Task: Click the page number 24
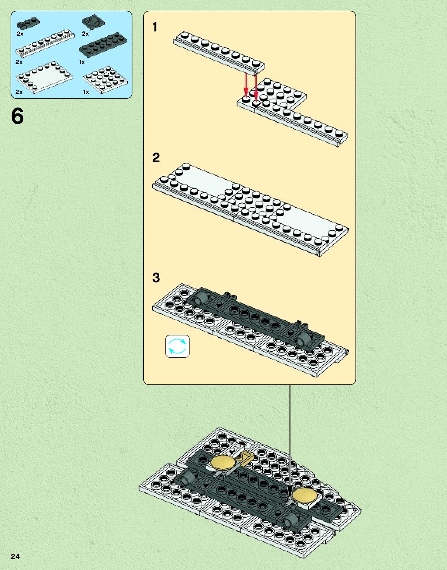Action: point(15,556)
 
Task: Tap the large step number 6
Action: point(17,116)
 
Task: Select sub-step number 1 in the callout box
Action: point(155,27)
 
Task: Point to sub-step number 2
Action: point(156,157)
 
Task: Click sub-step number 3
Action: point(156,277)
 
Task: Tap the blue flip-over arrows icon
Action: point(177,346)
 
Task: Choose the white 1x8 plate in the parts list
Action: point(45,43)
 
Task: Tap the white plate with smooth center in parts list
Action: point(44,78)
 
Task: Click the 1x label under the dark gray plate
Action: point(82,62)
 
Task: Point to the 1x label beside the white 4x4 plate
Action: point(86,92)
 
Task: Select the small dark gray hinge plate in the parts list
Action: point(28,23)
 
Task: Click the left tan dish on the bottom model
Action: point(223,462)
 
